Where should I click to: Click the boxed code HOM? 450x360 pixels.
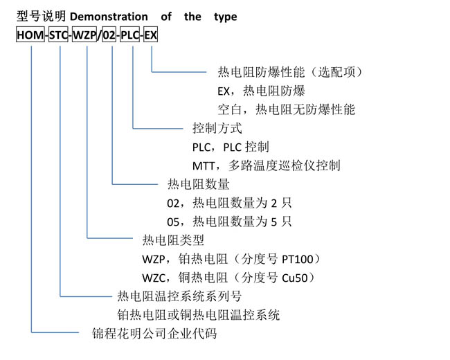pos(30,35)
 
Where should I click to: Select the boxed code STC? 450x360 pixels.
pos(58,35)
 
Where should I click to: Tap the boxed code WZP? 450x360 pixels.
pos(84,35)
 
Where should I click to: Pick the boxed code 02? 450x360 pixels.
pos(109,35)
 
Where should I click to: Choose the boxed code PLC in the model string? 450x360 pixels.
pos(129,35)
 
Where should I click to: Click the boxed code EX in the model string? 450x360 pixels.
pos(150,35)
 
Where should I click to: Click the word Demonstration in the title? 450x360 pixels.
pos(109,17)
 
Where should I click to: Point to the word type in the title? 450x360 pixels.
pos(226,17)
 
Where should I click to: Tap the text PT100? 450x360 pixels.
pos(298,259)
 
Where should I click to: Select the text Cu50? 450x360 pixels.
pos(295,278)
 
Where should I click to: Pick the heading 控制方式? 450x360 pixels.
pos(217,128)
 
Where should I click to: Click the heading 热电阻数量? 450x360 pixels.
pos(199,184)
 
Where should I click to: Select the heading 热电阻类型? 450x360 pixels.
pos(173,240)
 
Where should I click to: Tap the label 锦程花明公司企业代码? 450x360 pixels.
pos(154,334)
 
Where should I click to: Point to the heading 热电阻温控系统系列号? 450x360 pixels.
pos(179,296)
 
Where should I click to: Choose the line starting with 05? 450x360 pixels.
pos(229,222)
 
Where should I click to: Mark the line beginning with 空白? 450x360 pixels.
pos(287,109)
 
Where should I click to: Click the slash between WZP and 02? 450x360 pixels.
pos(100,35)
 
